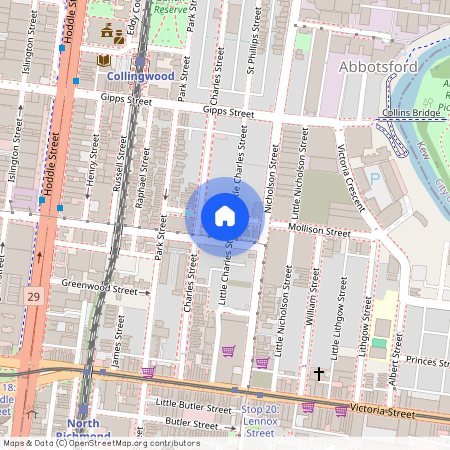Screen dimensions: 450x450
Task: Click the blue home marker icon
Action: [225, 216]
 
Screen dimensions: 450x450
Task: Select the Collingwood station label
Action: [141, 75]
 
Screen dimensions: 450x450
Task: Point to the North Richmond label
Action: [82, 430]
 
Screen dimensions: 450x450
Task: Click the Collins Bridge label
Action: [407, 113]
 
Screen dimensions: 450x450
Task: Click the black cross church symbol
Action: [319, 374]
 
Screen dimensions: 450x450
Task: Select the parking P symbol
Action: [375, 177]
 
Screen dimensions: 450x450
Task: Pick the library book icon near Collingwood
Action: [102, 61]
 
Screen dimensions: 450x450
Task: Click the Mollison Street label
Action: [318, 231]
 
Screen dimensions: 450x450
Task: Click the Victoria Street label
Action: [375, 411]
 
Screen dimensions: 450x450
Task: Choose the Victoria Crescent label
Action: [350, 178]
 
